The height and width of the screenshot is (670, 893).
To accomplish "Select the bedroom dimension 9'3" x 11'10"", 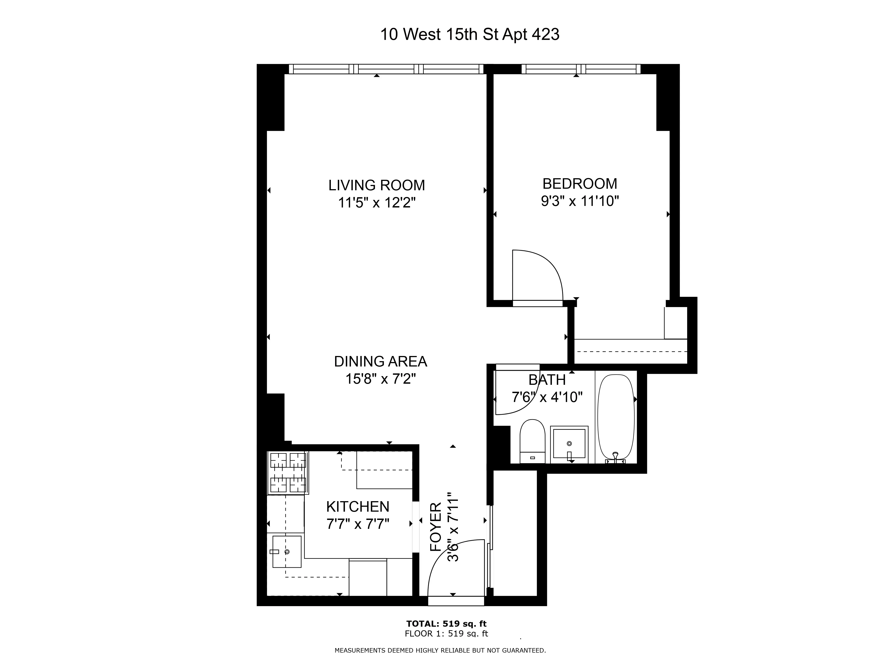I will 580,201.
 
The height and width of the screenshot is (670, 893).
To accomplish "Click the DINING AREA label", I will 380,361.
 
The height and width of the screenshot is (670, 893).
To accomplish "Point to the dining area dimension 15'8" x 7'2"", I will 380,379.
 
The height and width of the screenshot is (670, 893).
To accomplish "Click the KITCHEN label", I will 358,507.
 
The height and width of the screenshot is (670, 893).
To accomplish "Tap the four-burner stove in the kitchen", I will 288,473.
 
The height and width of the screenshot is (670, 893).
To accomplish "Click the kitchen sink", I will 287,552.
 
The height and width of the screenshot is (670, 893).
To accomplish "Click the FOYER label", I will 436,527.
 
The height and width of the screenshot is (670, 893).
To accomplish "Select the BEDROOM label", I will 580,184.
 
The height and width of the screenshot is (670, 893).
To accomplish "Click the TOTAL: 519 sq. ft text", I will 446,624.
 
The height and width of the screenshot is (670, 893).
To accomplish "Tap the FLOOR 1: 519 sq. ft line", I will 446,634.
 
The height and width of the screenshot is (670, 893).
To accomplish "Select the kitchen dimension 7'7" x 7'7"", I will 358,524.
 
